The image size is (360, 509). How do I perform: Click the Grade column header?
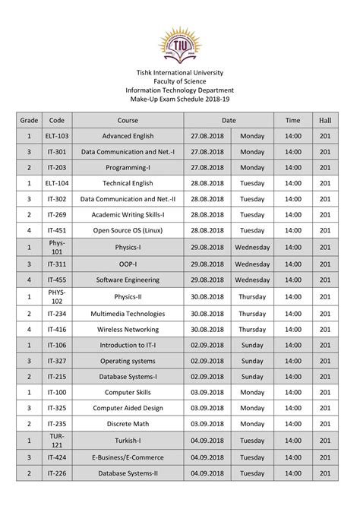coord(29,120)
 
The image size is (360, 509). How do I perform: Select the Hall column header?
coord(325,120)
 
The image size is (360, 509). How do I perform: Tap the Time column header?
coord(292,120)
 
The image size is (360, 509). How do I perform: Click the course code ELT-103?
coord(57,136)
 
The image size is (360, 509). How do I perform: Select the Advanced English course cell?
coord(128,136)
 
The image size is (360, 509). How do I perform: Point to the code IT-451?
coord(57,230)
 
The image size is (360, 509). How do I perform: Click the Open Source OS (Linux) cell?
coord(128,230)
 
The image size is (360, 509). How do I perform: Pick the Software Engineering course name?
coord(128,280)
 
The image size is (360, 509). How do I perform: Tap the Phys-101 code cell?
coord(57,248)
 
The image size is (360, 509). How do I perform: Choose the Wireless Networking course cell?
coord(128,330)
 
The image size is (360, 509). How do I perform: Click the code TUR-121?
coord(57,441)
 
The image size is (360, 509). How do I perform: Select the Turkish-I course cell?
coord(128,441)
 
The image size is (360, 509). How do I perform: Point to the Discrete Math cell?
coord(128,423)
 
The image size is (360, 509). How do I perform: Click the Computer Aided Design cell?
coord(128,408)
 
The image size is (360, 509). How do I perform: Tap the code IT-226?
coord(57,473)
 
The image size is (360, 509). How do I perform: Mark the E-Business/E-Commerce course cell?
coord(128,458)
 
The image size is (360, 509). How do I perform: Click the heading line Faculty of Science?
coord(180,81)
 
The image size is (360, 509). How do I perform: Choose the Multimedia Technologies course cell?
coord(128,314)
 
